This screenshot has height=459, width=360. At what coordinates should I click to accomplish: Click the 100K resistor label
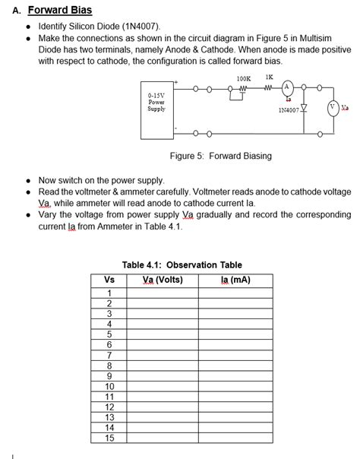pos(243,78)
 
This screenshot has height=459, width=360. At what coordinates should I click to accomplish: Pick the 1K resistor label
pos(270,77)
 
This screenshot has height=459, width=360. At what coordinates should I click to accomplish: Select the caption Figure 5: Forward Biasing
pos(220,156)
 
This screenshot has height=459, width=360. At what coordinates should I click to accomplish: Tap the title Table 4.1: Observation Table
pos(182,265)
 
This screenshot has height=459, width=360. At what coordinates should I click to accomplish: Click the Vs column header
pos(109,280)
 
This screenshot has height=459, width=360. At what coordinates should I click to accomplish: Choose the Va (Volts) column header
pos(163,280)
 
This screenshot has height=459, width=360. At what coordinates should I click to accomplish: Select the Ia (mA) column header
pos(235,280)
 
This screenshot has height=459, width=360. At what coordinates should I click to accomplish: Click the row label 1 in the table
pos(109,293)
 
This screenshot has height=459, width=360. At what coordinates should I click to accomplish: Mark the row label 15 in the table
pos(109,437)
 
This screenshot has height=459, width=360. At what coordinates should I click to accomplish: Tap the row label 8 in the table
pos(109,365)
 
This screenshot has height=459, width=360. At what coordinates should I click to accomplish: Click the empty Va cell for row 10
pos(163,385)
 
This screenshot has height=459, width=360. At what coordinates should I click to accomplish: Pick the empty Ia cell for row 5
pos(235,334)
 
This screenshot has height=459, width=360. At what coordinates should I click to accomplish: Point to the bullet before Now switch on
pos(28,181)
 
